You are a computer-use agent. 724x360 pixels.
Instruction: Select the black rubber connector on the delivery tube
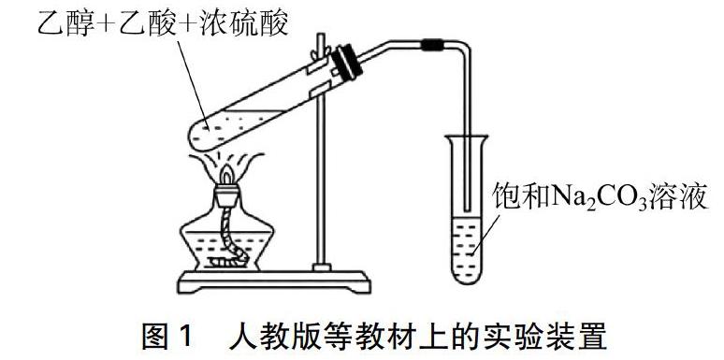432,43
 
